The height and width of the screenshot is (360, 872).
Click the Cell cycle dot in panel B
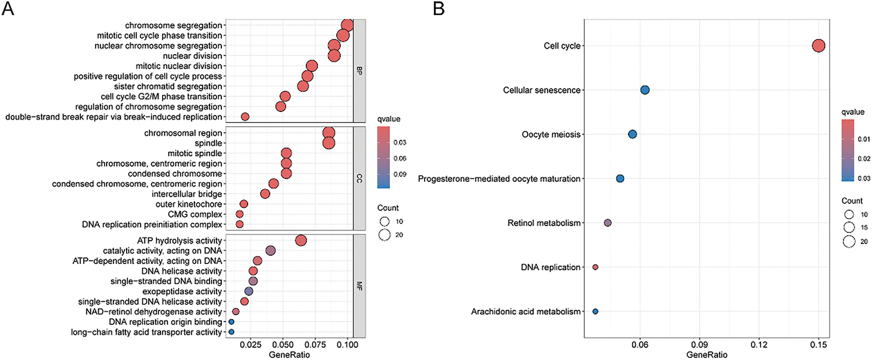(818, 46)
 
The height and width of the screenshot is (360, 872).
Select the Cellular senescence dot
(645, 90)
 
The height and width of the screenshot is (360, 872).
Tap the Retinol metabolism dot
(608, 223)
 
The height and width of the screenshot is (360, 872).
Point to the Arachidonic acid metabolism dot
(595, 312)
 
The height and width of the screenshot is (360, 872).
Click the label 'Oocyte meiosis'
(551, 134)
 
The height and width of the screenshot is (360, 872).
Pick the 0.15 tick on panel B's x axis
(818, 344)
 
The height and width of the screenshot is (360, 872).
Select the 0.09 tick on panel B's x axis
(700, 344)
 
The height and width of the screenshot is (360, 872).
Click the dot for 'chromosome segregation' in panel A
(347, 26)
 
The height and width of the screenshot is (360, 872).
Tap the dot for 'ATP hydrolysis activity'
(301, 241)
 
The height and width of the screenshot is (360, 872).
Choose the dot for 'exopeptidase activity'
(249, 291)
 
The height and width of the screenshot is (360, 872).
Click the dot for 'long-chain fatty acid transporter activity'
(231, 332)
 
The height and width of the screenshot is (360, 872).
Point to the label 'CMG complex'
(195, 215)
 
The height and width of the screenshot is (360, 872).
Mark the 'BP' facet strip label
(360, 71)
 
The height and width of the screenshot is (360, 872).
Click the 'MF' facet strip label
(360, 286)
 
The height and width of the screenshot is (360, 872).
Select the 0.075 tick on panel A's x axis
(315, 344)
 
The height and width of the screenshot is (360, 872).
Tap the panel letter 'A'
(8, 8)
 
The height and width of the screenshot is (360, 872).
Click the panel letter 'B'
(438, 8)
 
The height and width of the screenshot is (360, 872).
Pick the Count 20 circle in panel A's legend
(384, 235)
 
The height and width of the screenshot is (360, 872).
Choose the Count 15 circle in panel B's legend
(849, 227)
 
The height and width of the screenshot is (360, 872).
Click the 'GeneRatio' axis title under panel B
(706, 355)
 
